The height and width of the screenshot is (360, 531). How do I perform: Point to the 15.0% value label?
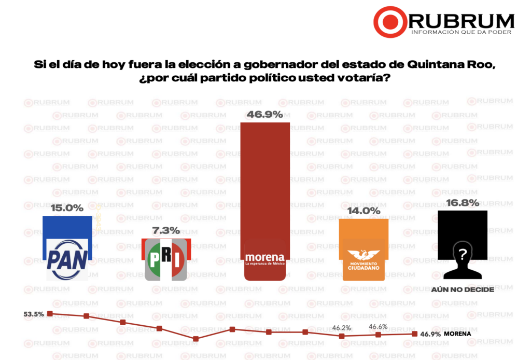point(67,208)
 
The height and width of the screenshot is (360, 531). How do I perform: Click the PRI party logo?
point(166,259)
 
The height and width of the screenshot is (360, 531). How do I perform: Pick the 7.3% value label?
point(166,230)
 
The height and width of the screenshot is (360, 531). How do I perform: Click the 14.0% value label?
point(364,211)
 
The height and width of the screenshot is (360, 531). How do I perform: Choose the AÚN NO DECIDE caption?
point(463,289)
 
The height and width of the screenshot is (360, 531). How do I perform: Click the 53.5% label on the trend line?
point(33,314)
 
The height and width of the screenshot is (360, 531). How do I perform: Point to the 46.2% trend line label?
point(342,328)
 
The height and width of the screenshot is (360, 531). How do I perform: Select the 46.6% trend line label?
point(379,327)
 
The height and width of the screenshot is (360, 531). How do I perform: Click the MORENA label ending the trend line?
point(458,334)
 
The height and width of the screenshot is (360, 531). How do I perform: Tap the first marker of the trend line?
point(50,313)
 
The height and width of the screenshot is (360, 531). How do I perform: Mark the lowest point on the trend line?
point(195,339)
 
